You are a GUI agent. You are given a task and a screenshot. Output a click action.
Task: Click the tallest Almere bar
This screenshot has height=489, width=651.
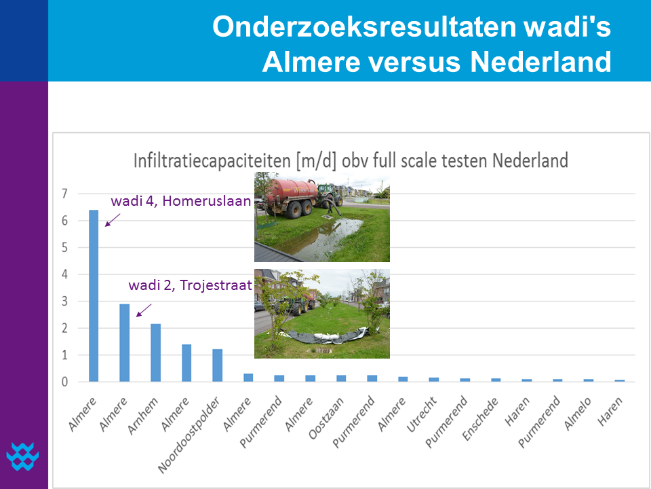(94, 295)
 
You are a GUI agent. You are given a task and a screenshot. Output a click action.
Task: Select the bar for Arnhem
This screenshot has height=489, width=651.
(156, 352)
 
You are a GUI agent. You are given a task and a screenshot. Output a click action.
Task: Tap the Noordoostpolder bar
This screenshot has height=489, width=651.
(218, 365)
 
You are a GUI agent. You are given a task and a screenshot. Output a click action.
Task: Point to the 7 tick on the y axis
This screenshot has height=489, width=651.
(64, 194)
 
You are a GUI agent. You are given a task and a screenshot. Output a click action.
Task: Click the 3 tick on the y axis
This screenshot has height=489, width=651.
(64, 301)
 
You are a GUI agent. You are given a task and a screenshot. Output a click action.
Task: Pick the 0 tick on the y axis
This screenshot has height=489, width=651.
(64, 382)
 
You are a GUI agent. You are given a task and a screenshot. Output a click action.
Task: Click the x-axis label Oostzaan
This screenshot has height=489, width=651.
(326, 418)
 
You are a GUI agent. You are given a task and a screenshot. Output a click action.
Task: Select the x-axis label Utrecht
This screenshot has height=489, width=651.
(421, 414)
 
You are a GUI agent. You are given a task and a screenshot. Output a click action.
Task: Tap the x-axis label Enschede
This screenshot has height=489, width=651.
(480, 419)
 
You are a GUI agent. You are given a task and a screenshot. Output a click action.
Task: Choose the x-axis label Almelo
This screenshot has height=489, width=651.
(578, 414)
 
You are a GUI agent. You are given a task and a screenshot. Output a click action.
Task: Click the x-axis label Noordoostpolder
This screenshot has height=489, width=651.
(189, 435)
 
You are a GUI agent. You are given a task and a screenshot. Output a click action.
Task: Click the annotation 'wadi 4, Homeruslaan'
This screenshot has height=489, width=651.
(181, 201)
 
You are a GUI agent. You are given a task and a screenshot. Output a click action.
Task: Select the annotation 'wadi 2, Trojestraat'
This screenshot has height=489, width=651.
(190, 285)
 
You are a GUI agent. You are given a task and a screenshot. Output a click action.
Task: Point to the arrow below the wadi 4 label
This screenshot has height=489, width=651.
(113, 220)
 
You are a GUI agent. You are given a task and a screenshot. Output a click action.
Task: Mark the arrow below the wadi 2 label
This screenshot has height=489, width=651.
(144, 310)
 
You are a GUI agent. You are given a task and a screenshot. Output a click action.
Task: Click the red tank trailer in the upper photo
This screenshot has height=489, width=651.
(291, 195)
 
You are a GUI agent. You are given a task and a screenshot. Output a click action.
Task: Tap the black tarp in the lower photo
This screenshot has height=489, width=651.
(325, 335)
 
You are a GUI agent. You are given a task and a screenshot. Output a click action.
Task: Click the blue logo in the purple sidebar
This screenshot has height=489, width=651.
(23, 456)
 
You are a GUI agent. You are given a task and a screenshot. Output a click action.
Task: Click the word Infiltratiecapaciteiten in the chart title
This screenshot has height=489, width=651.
(212, 160)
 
